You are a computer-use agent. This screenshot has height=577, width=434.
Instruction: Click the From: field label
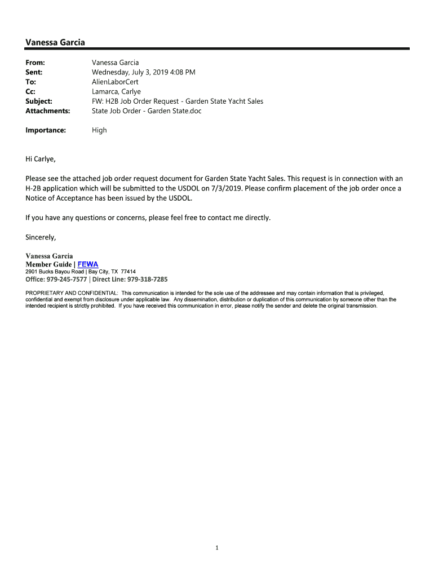(x=35, y=63)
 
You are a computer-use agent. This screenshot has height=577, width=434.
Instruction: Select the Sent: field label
(x=34, y=72)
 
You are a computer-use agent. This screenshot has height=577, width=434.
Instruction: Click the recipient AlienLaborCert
(x=115, y=82)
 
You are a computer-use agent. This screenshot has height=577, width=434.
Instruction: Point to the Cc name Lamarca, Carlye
(x=116, y=91)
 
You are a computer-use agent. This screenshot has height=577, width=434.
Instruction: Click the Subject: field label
(x=39, y=101)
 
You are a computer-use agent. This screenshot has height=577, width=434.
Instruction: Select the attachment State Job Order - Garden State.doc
(x=147, y=111)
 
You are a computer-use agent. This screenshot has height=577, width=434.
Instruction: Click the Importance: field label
(x=46, y=130)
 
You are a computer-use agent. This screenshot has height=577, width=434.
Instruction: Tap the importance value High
(x=99, y=130)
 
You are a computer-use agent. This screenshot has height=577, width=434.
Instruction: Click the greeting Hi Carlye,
(x=41, y=159)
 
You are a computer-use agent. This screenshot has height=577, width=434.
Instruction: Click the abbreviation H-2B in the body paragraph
(x=34, y=188)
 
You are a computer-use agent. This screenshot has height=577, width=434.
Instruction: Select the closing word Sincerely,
(x=41, y=237)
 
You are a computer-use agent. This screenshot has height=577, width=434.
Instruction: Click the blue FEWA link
(x=87, y=264)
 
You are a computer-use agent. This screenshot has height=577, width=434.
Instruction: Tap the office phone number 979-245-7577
(x=67, y=279)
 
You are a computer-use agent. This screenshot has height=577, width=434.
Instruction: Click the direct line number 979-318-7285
(x=147, y=279)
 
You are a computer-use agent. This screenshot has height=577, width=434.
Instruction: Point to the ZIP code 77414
(x=128, y=272)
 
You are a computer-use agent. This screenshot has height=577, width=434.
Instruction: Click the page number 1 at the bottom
(x=217, y=547)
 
